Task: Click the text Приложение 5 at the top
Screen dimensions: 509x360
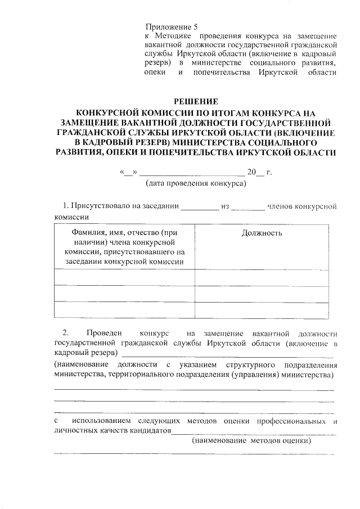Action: coord(172,26)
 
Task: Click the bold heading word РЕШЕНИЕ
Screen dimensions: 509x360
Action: coord(196,101)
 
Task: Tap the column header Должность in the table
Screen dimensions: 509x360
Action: coord(262,233)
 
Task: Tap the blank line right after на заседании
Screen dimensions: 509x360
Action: coord(199,207)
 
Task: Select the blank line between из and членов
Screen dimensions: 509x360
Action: coord(248,207)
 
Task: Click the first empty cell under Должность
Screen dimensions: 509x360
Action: coord(262,278)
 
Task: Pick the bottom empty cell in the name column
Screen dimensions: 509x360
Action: coord(124,310)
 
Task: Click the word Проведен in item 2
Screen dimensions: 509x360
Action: coord(106,334)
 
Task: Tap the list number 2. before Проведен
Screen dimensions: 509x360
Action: coord(66,334)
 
